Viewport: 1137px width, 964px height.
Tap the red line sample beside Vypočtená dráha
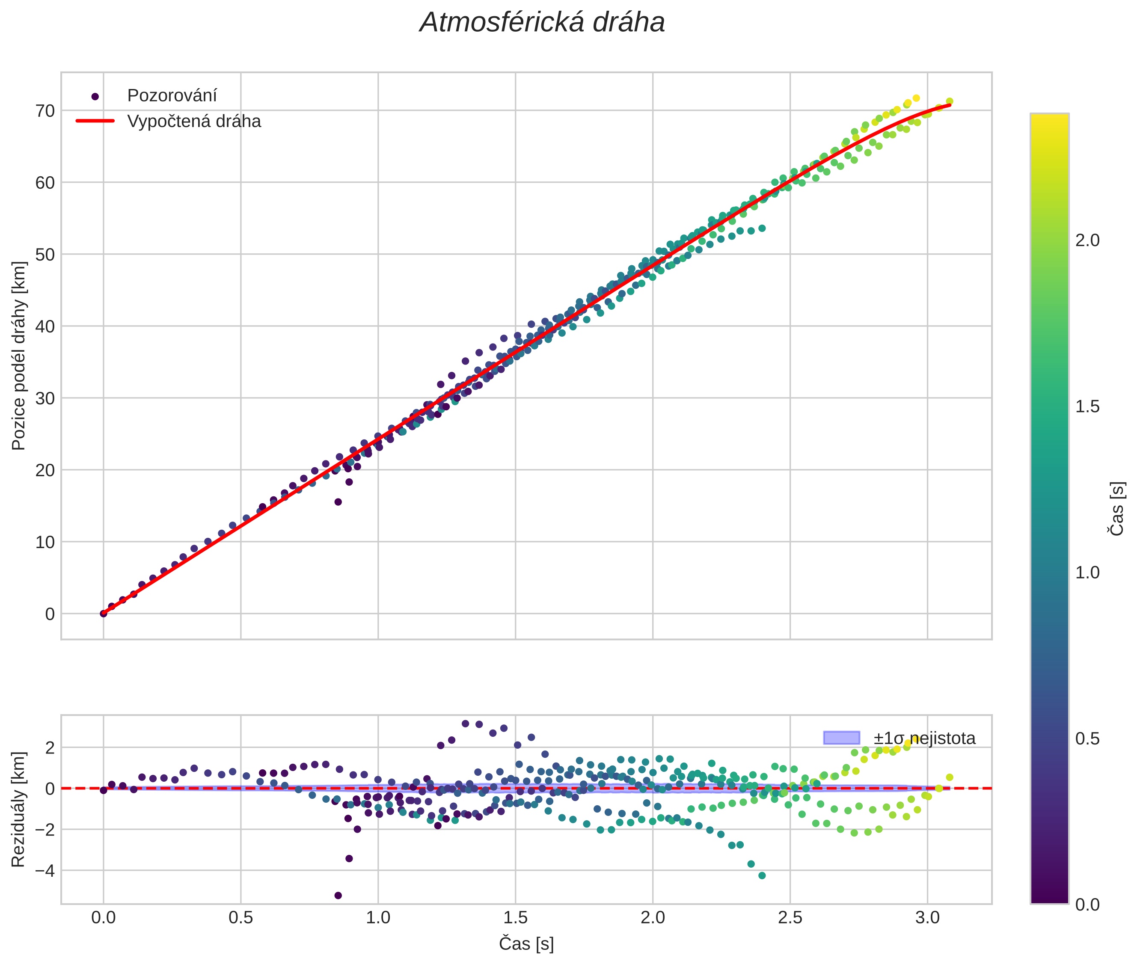pos(95,121)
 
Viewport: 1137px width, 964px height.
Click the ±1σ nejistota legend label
pos(924,739)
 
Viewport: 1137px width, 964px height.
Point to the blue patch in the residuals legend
pos(841,738)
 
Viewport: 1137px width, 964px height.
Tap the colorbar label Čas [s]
pos(1117,509)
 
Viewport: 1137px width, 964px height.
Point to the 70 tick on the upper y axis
pos(45,111)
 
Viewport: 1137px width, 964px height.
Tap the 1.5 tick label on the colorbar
pos(1087,406)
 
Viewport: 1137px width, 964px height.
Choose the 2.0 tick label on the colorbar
pos(1087,240)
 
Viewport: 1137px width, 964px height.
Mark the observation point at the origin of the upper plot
pos(103,614)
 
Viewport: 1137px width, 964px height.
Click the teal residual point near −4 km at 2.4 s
pos(762,875)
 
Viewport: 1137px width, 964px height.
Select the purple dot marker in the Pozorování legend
pos(95,97)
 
